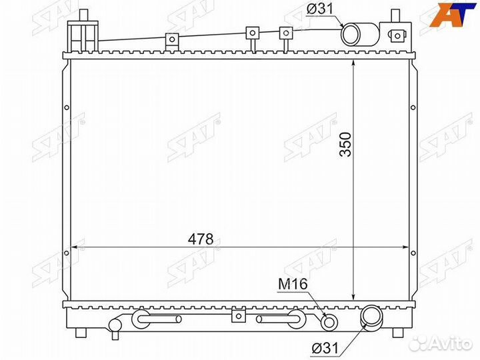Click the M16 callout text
tap(292, 285)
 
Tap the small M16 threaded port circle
tap(329, 322)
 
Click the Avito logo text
tap(450, 343)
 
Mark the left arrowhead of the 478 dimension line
tap(74, 247)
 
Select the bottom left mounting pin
tap(83, 332)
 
